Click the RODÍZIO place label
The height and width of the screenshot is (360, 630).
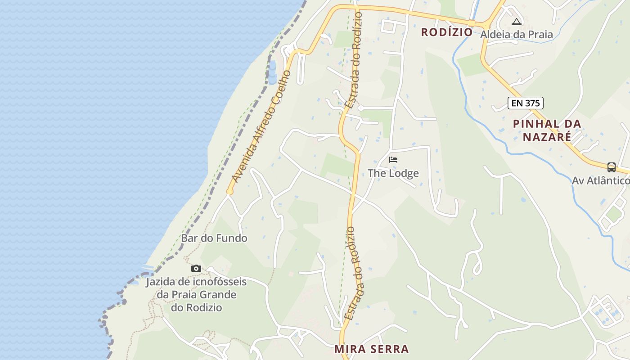pos(447,32)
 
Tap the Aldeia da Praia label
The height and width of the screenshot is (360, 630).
pos(517,34)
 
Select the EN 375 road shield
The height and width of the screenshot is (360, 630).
pos(526,103)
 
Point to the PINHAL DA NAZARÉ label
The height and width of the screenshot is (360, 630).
pos(547,130)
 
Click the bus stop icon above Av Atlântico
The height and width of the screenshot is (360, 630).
pos(611,167)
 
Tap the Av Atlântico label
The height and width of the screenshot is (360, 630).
pos(601,180)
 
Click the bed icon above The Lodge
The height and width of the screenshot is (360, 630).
pos(393,160)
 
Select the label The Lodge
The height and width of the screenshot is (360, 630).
pos(393,173)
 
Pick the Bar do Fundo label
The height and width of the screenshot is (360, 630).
pos(214,238)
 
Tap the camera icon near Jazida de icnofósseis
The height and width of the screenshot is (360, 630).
pos(196,268)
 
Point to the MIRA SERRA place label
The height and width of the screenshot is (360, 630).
pos(372,349)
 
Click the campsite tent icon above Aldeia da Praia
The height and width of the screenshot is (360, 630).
pos(517,22)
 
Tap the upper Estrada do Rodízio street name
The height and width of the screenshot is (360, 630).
pos(353,59)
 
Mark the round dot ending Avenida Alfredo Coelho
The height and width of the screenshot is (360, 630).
pos(229,192)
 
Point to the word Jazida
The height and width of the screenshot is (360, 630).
pos(161,282)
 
